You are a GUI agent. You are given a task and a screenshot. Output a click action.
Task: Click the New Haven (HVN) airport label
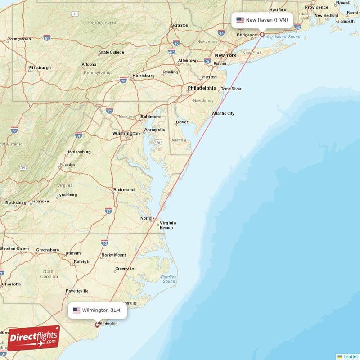(x=262, y=20)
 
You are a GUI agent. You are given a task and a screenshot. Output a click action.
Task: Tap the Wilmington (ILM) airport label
(x=97, y=310)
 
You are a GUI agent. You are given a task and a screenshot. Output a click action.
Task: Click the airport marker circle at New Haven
(x=262, y=34)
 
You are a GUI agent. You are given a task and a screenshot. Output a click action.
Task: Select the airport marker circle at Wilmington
(x=97, y=324)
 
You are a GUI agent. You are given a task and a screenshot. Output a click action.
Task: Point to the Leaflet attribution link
(x=348, y=356)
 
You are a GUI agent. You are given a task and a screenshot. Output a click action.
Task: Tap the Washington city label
(x=126, y=134)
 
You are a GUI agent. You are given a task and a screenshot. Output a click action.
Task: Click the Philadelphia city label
(x=202, y=88)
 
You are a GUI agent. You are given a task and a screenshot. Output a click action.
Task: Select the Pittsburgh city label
(x=40, y=68)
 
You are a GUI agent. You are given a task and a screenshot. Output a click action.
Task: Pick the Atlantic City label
(x=223, y=113)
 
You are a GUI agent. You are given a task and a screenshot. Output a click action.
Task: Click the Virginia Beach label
(x=168, y=225)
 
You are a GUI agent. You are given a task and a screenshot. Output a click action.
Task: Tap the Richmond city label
(x=124, y=190)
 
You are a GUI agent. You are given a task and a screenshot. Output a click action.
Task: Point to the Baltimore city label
(x=150, y=117)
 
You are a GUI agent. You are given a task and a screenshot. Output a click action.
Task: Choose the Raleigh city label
(x=81, y=261)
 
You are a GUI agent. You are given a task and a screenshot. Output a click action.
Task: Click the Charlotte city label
(x=11, y=284)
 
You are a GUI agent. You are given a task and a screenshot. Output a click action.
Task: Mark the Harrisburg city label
(x=144, y=76)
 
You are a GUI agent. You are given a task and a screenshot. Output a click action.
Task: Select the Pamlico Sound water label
(x=169, y=279)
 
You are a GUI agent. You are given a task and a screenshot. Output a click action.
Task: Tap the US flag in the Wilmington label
(x=76, y=310)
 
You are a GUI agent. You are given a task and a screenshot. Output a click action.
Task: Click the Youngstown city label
(x=19, y=39)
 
